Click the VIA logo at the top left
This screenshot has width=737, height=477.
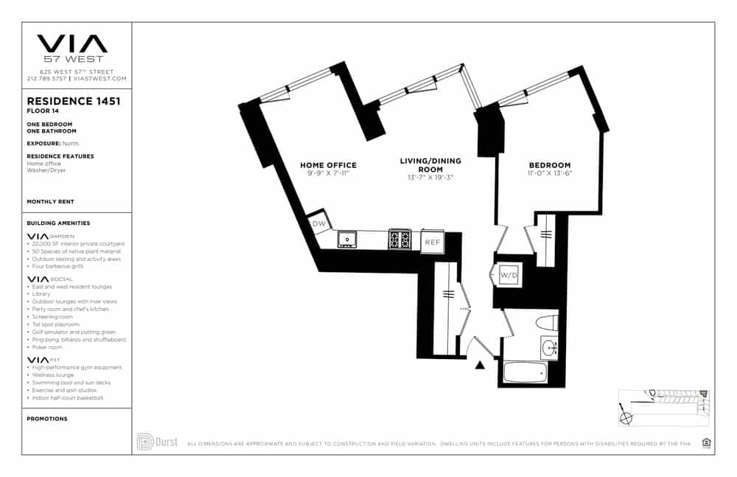(71, 43)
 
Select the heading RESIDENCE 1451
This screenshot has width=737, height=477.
(73, 102)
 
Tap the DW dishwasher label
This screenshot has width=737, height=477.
(318, 223)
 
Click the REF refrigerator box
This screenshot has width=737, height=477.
(431, 241)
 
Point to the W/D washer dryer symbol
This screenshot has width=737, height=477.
(509, 276)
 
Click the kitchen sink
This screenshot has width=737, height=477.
(346, 239)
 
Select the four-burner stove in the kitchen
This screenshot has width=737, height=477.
(399, 239)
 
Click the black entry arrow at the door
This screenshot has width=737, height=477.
(481, 364)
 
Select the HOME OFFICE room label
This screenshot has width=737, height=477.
(328, 165)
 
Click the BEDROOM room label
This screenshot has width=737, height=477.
(550, 165)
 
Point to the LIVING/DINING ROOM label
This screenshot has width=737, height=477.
(430, 165)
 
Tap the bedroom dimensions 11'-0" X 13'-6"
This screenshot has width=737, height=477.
(550, 174)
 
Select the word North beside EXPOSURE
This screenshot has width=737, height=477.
(70, 143)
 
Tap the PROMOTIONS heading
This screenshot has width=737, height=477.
(46, 419)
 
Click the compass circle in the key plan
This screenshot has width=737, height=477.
(626, 418)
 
